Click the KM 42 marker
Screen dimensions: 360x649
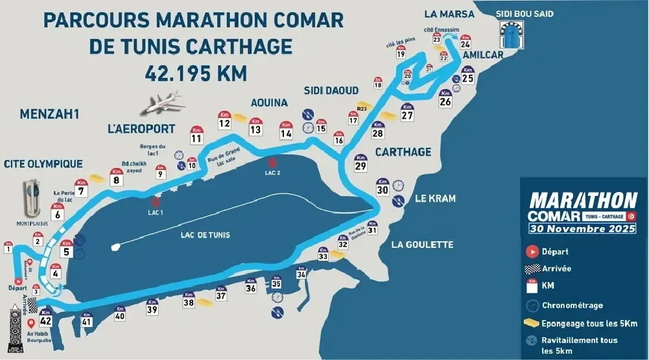click(x=45, y=318)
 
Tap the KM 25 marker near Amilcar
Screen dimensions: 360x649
click(x=467, y=76)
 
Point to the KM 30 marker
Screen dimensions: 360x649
click(x=383, y=188)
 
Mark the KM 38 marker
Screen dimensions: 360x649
click(x=189, y=300)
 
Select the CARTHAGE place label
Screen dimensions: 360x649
click(x=402, y=152)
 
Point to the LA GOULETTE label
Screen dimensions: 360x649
click(x=422, y=245)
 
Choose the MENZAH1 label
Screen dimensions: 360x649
click(x=49, y=114)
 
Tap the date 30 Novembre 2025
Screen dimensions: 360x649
click(x=580, y=228)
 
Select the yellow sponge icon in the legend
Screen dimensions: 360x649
click(x=533, y=322)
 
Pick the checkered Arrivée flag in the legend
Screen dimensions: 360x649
click(x=533, y=268)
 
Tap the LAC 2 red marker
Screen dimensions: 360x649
click(x=272, y=163)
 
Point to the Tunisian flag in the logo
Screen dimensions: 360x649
click(x=630, y=215)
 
